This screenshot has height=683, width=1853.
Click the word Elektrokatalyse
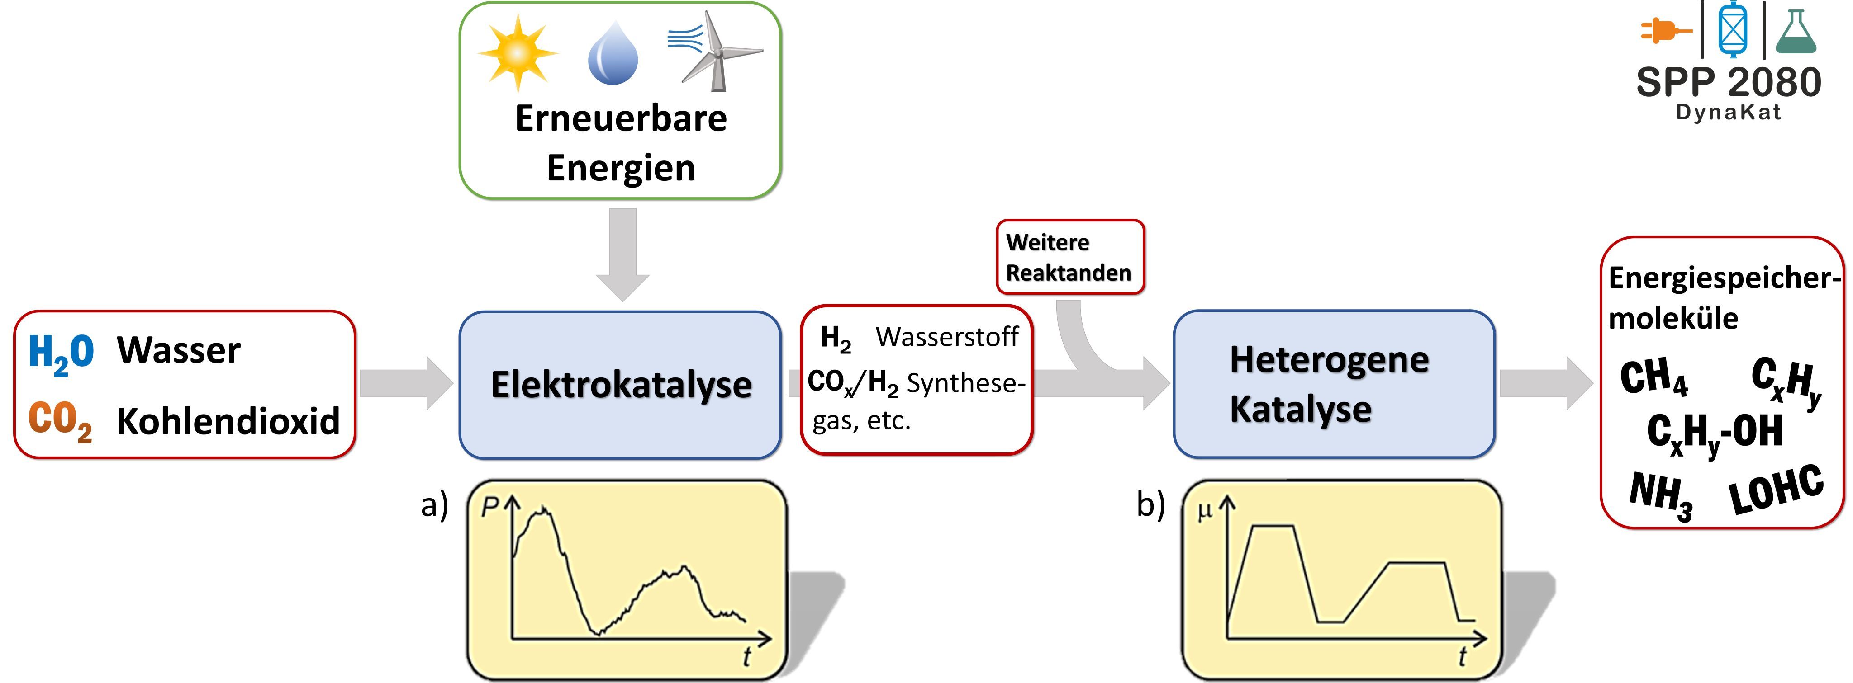[x=621, y=385]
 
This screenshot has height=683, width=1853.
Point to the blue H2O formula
[x=61, y=352]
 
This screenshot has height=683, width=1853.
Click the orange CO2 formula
[x=60, y=420]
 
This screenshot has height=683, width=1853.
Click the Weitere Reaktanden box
[x=1069, y=257]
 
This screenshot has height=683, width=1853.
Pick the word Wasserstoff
[x=947, y=336]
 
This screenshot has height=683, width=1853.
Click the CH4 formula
[x=1653, y=377]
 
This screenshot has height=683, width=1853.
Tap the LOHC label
[x=1776, y=490]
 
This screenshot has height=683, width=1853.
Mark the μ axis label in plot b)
[x=1204, y=511]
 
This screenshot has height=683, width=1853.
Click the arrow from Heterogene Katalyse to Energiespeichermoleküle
[x=1545, y=383]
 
